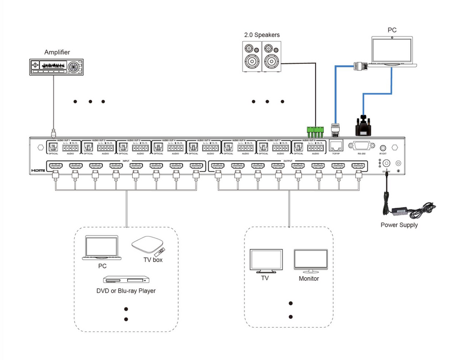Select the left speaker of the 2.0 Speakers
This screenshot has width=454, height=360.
pos(252,57)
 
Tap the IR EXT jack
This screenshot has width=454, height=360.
pos(383,148)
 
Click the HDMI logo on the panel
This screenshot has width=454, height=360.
pos(38,170)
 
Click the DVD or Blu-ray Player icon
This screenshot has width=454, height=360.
pos(126,280)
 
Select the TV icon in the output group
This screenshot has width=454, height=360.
pos(265,261)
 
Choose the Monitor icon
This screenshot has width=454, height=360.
pos(310,262)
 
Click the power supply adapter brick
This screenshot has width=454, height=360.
pos(400,210)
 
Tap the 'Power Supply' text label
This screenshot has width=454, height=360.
pos(399,225)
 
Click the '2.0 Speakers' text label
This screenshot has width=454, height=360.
pos(261,35)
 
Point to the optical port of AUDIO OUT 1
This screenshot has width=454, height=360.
pos(53,147)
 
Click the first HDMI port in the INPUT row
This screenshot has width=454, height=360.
pos(55,166)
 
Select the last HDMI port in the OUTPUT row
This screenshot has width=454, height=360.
pos(359,166)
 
